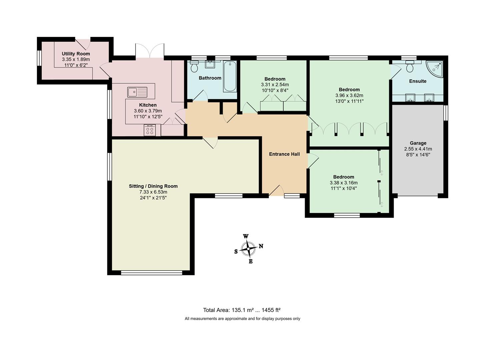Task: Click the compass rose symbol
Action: coord(248,249)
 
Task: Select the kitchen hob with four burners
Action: coord(150,130)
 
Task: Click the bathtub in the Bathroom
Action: coord(230,77)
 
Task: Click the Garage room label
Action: coord(418,143)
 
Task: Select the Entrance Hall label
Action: coord(284,154)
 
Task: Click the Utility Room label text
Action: coord(76,54)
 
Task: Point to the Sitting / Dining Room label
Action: coord(153,186)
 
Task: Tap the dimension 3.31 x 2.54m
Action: coord(275,85)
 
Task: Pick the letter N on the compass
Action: coord(261,246)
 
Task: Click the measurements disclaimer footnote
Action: coord(242,319)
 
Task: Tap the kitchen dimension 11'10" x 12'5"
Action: coord(148,117)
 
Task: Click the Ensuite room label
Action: coord(417,81)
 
